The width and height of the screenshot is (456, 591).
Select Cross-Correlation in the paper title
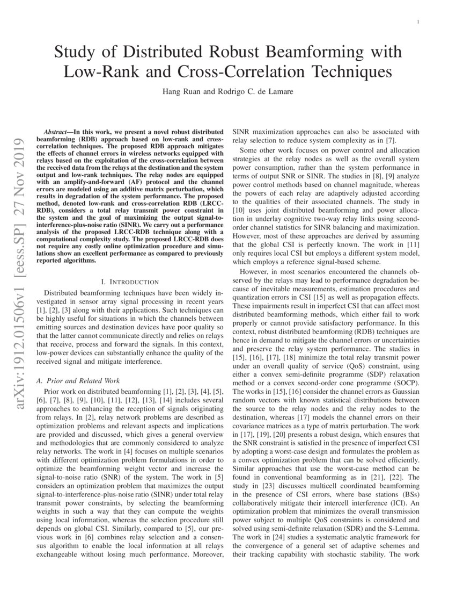[252, 71]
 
